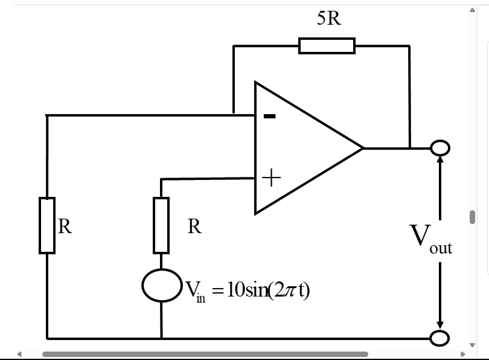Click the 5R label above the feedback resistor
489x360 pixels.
[329, 19]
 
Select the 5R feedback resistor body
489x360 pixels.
[327, 46]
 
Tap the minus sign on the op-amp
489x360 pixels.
[270, 117]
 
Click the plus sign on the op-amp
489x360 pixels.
[272, 178]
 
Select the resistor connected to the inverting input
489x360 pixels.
[47, 225]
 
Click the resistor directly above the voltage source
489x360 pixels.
[161, 225]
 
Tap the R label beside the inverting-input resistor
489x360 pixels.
[65, 227]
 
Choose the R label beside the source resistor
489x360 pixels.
[194, 227]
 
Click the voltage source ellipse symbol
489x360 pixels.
[161, 286]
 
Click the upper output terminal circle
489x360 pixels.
[440, 147]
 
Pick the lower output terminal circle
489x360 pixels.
[440, 338]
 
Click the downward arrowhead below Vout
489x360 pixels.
[440, 325]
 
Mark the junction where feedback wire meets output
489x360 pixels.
[410, 147]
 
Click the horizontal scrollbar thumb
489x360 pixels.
[205, 354]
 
